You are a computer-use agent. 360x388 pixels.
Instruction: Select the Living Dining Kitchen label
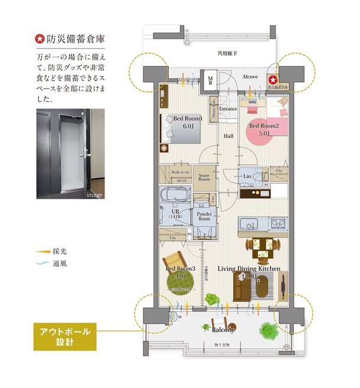click(x=248, y=269)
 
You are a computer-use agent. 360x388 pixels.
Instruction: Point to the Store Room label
click(x=204, y=176)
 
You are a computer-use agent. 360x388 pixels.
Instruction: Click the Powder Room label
click(x=204, y=215)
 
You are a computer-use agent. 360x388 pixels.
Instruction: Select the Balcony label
click(x=224, y=330)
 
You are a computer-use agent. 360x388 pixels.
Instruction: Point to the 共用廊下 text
click(x=227, y=53)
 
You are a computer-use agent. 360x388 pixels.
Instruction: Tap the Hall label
click(x=228, y=136)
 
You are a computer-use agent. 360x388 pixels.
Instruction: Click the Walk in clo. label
click(x=179, y=172)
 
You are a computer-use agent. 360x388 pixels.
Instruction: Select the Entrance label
click(x=228, y=109)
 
